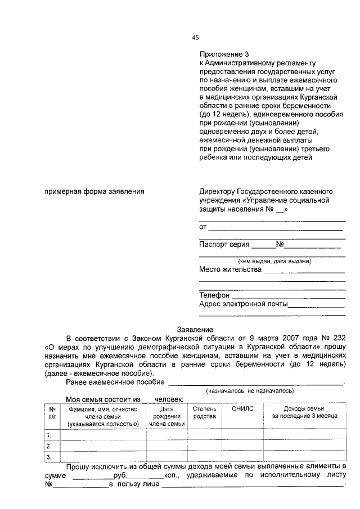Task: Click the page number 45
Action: coord(196,38)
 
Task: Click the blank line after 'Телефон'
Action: coord(288,295)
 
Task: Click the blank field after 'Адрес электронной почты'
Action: coord(316,305)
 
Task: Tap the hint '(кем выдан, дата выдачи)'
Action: coord(274,261)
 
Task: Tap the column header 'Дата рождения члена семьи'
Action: coord(166,416)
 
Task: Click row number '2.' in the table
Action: coord(49,446)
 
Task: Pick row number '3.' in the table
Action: coord(49,457)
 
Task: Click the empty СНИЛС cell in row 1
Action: coord(243,435)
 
